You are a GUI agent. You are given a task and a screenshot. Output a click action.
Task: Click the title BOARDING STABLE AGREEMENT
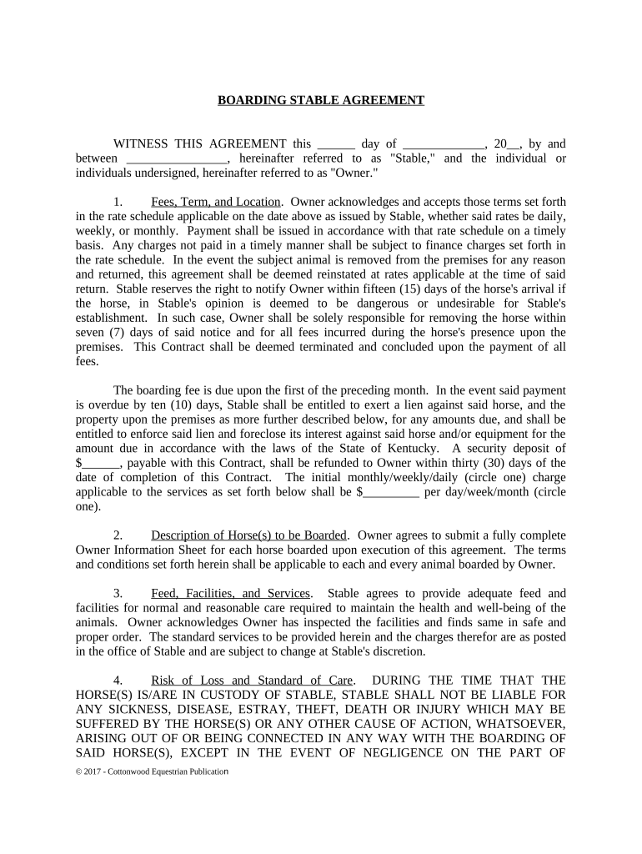[x=321, y=100]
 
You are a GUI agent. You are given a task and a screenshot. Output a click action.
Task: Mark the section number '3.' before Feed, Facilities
[x=119, y=594]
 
